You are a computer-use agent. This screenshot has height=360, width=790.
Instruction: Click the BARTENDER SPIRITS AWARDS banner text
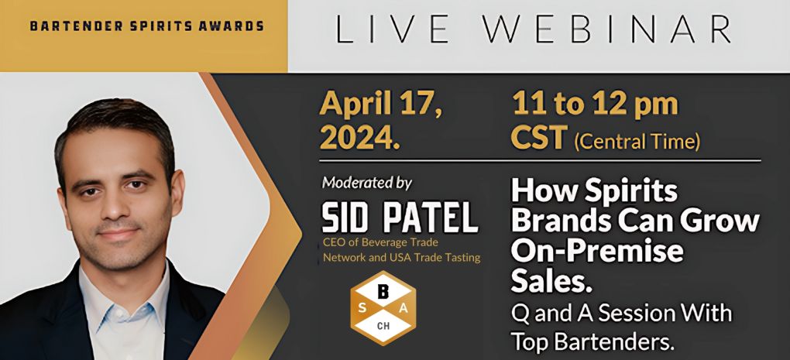coord(146,26)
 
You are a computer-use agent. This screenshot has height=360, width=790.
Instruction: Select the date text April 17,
coord(383,105)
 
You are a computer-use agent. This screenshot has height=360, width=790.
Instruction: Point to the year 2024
coord(360,140)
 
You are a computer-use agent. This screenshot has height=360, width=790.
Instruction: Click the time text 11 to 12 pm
coord(594,105)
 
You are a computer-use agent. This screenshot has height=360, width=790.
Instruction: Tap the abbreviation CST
coord(539,140)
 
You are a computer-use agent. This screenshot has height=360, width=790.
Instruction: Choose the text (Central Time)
coord(637,142)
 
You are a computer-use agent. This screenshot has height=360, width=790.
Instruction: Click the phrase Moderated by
coord(367,183)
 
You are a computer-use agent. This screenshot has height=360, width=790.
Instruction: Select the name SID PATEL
coord(399,219)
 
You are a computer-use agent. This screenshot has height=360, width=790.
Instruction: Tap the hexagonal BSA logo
coord(383,307)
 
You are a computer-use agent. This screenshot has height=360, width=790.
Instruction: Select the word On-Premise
coord(597,251)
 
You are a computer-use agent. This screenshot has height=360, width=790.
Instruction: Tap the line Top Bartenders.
coord(593,340)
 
